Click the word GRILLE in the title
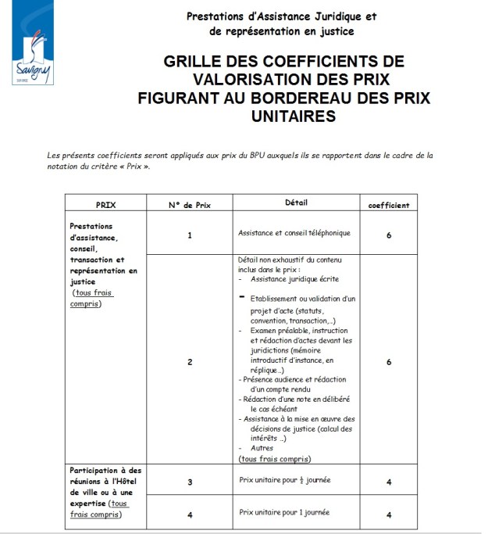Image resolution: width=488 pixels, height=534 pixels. pos(198,62)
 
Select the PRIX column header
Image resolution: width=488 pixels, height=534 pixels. pos(106,204)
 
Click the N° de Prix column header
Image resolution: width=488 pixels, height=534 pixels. pos(190,204)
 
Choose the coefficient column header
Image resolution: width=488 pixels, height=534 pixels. pos(389,205)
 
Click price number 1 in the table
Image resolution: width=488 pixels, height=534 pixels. pos(190,234)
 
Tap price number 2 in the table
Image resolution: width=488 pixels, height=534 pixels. pos(190,361)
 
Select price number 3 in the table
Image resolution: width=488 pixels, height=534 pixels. pos(190,482)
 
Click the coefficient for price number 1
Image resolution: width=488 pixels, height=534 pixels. pos(389,234)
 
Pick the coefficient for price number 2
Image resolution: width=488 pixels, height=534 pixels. pos(389,361)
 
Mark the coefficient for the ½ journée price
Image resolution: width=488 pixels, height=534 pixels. pos(389,482)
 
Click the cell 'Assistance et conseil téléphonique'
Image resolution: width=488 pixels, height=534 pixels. pos(294,232)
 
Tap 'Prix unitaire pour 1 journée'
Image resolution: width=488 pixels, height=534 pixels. pos(284,512)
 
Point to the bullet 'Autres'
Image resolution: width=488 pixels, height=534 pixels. pos(262,449)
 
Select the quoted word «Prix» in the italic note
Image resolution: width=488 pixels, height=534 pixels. pos(132,167)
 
